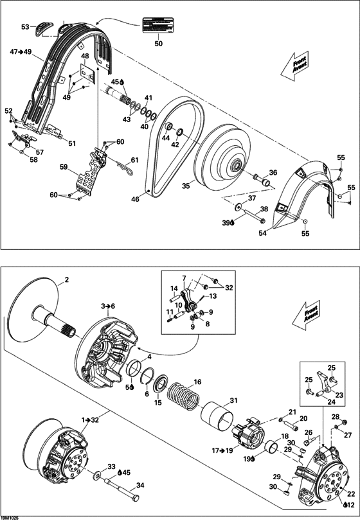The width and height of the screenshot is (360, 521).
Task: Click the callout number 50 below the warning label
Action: click(x=159, y=44)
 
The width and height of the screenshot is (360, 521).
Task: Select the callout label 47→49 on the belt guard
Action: click(x=21, y=52)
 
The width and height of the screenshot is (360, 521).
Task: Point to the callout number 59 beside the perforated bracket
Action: click(x=64, y=167)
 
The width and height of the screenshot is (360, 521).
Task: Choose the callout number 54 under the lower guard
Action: click(x=262, y=234)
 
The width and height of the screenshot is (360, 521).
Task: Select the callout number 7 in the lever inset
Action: click(x=183, y=278)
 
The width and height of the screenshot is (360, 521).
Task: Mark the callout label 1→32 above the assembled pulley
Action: click(x=91, y=419)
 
